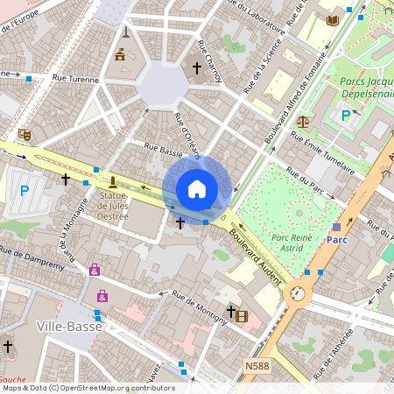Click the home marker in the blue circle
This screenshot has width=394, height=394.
(x=197, y=189)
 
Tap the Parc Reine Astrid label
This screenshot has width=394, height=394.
(x=292, y=243)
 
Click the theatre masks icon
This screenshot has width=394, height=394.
(x=25, y=135)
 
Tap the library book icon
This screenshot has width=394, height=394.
(x=333, y=20)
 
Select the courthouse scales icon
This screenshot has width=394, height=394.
(x=303, y=121)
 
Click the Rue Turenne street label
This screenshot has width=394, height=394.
(x=76, y=79)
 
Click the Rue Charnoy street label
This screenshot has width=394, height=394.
(x=210, y=61)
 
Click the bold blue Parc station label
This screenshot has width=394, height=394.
(x=337, y=239)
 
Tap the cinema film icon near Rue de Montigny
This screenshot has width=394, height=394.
(x=242, y=315)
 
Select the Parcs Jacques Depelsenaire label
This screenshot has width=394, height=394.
(x=365, y=88)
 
